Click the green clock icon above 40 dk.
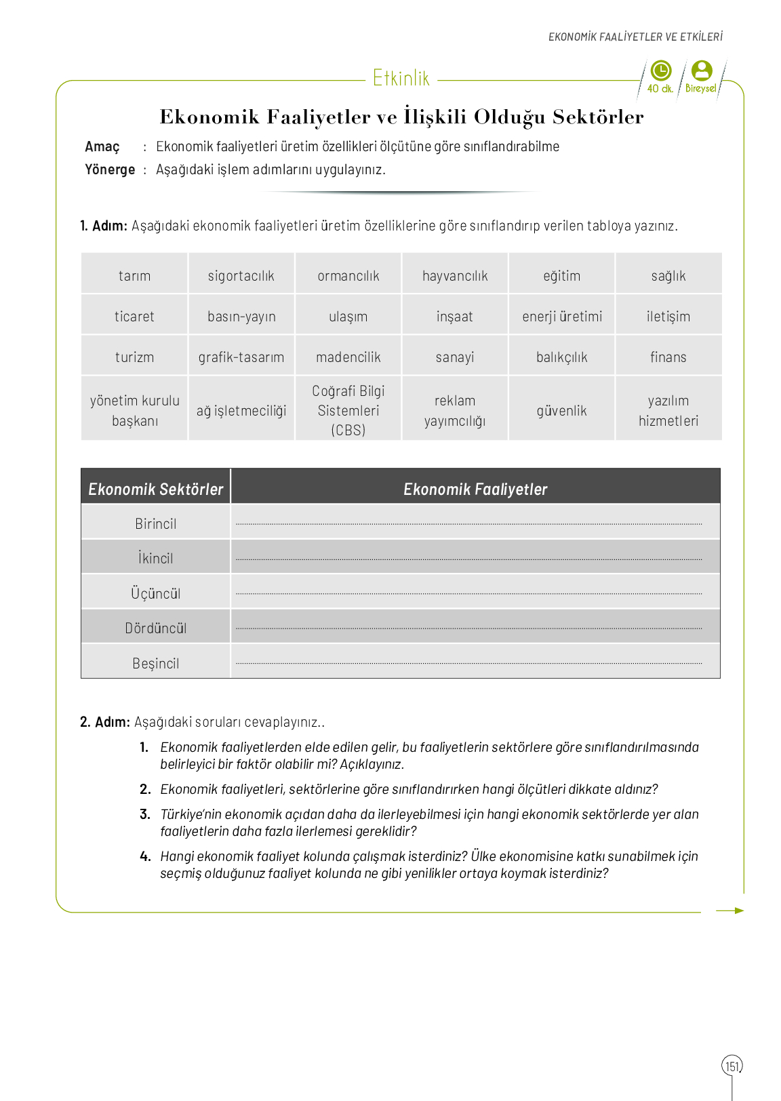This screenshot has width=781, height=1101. pyautogui.click(x=660, y=71)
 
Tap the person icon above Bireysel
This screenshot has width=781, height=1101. pyautogui.click(x=702, y=71)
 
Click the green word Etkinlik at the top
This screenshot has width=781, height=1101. pyautogui.click(x=401, y=79)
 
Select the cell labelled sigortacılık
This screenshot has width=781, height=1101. pyautogui.click(x=241, y=276)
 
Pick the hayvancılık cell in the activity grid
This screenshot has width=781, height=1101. pyautogui.click(x=455, y=276)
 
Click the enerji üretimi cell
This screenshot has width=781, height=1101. pyautogui.click(x=562, y=317)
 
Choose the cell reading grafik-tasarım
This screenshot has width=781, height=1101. pyautogui.click(x=241, y=357)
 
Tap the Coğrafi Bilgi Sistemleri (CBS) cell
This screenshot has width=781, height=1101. pyautogui.click(x=348, y=410)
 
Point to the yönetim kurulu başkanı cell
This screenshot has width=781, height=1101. pyautogui.click(x=135, y=410)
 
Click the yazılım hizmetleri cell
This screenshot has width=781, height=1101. pyautogui.click(x=668, y=410)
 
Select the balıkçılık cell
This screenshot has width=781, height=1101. pyautogui.click(x=562, y=357)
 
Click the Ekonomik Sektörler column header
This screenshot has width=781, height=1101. pyautogui.click(x=156, y=489)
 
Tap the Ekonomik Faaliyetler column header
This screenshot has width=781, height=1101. pyautogui.click(x=475, y=489)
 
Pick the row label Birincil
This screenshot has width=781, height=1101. pyautogui.click(x=156, y=524)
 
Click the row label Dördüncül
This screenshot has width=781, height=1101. pyautogui.click(x=156, y=628)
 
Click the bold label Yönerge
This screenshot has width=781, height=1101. pyautogui.click(x=110, y=169)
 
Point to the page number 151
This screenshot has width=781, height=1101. pyautogui.click(x=732, y=1066)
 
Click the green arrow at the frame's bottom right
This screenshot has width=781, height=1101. pyautogui.click(x=730, y=910)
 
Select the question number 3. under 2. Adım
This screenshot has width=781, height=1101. pyautogui.click(x=144, y=814)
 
